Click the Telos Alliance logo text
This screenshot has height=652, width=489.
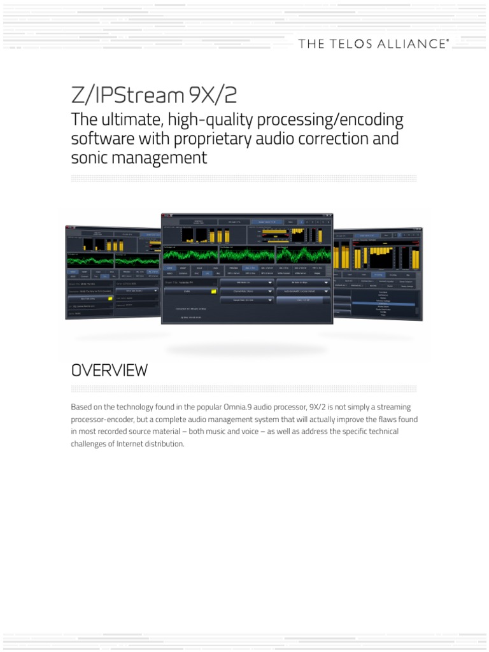click(373, 44)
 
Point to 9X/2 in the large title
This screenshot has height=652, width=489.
click(213, 95)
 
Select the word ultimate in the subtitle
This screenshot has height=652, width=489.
click(125, 120)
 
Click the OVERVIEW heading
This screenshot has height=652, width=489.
click(109, 370)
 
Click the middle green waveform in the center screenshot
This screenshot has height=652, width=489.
click(246, 255)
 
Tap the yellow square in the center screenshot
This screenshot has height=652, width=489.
click(214, 291)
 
